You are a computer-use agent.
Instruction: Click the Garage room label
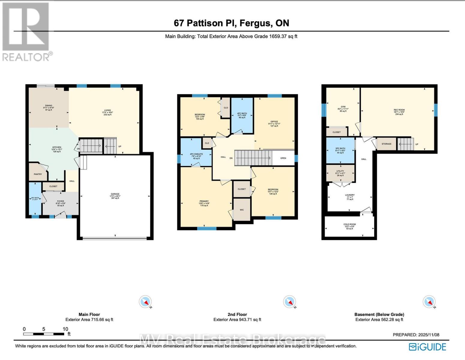[x=115, y=194]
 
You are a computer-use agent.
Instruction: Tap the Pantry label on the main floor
[x=38, y=174]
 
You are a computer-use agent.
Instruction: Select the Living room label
[x=107, y=110]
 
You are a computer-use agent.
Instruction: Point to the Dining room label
[x=49, y=106]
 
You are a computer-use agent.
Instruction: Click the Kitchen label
[x=57, y=147]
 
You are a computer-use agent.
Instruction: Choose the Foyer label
[x=61, y=201]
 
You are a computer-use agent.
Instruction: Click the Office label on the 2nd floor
[x=274, y=122]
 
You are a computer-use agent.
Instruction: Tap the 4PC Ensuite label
[x=196, y=154]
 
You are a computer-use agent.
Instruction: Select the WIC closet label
[x=242, y=210]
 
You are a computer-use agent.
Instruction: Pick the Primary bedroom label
[x=204, y=201]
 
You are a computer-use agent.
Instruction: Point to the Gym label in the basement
[x=343, y=107]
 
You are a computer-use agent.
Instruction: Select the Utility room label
[x=340, y=171]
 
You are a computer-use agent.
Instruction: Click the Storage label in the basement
[x=386, y=144]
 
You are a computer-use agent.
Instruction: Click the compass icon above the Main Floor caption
[x=145, y=301]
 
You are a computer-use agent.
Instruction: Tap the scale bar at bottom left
[x=44, y=334]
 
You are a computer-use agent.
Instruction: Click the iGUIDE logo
[x=427, y=347]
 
